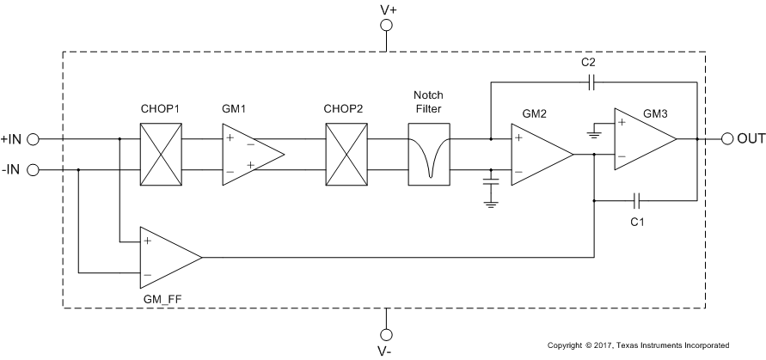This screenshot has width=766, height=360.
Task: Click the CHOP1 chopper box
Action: tap(161, 153)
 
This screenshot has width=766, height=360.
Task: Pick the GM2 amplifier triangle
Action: tap(537, 154)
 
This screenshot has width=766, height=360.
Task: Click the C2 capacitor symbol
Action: tap(590, 83)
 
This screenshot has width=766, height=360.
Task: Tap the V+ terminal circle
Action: tap(387, 26)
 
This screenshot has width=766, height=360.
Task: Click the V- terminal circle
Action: tap(387, 333)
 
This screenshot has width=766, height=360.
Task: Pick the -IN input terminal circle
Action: tap(34, 169)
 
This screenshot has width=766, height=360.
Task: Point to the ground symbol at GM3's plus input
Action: tap(595, 134)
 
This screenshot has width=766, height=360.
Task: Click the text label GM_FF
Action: tap(162, 297)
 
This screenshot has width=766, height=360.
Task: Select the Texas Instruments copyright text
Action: tap(638, 345)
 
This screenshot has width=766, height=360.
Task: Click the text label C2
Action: tap(589, 64)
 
